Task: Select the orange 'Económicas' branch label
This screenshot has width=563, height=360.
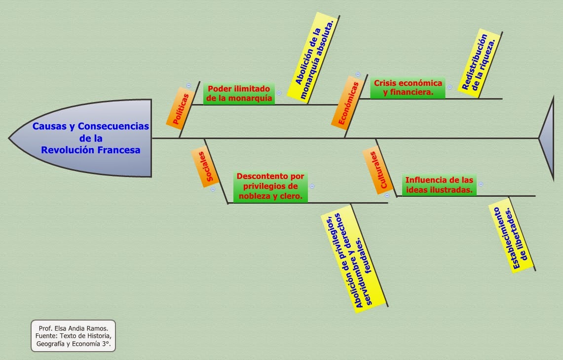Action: (x=345, y=102)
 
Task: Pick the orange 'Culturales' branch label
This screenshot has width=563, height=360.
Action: (x=378, y=170)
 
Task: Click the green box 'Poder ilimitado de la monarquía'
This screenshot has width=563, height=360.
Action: (x=239, y=93)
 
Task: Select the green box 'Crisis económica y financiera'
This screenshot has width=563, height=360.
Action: (x=408, y=88)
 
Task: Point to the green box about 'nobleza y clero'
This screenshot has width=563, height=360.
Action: (x=270, y=187)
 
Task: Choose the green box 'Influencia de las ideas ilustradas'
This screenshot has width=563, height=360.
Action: (x=439, y=185)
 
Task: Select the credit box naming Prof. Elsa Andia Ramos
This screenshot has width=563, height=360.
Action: (x=73, y=336)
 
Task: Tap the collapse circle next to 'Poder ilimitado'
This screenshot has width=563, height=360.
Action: (x=279, y=93)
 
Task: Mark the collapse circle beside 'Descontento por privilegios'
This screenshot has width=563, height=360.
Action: (x=312, y=186)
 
